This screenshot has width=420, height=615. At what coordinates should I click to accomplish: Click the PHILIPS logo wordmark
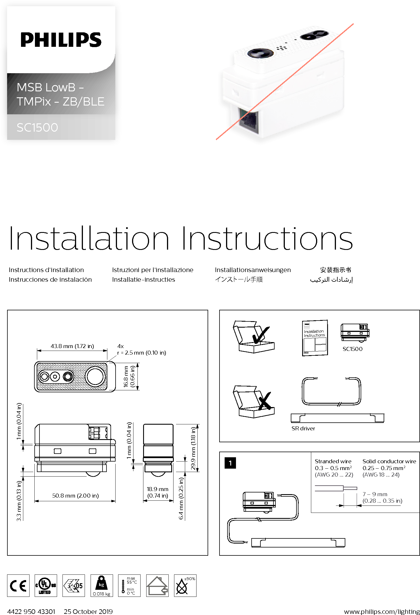point(61,40)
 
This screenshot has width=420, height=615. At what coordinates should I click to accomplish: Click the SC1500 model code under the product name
point(37,127)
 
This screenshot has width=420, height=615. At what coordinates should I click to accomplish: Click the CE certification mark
point(18,585)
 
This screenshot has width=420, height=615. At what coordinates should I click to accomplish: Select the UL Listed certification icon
point(46,585)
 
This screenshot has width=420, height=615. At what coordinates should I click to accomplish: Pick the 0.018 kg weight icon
point(102,585)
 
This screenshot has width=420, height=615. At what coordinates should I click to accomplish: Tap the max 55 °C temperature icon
point(129,585)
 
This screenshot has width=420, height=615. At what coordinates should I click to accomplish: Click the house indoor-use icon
point(157,585)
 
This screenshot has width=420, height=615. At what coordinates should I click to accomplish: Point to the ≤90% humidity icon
point(185,585)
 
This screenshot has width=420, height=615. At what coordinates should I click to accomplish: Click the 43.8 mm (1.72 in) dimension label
point(72,346)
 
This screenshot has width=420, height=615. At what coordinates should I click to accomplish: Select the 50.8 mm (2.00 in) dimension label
point(76,496)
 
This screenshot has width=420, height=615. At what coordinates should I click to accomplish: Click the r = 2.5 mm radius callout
point(142,353)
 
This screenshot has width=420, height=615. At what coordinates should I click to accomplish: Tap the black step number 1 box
point(230,463)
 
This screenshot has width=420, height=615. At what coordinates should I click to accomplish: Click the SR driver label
point(303,428)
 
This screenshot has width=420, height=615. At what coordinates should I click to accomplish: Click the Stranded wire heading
point(333,461)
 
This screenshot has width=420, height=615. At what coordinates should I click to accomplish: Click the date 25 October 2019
point(88,611)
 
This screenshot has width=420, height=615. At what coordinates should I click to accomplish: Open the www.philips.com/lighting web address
point(382,611)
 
